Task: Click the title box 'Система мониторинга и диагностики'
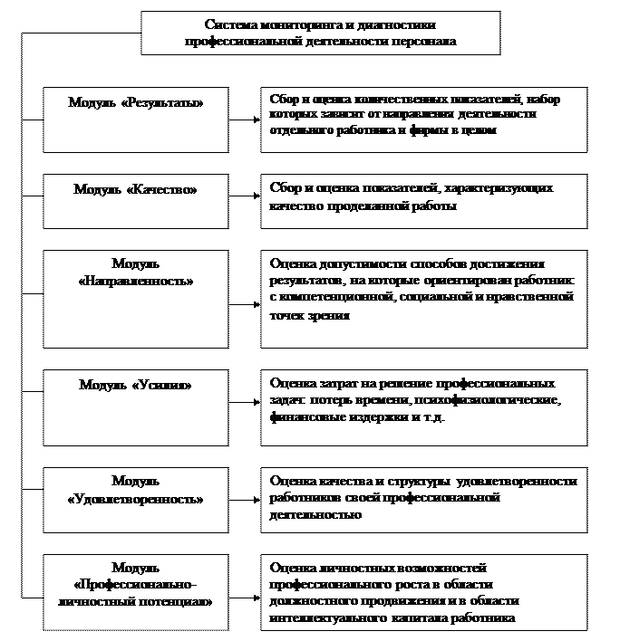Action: (320, 33)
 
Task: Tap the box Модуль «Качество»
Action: (136, 201)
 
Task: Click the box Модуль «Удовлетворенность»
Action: (136, 500)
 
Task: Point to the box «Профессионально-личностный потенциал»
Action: (136, 592)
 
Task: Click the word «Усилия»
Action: (163, 385)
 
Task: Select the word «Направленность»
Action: (136, 282)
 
